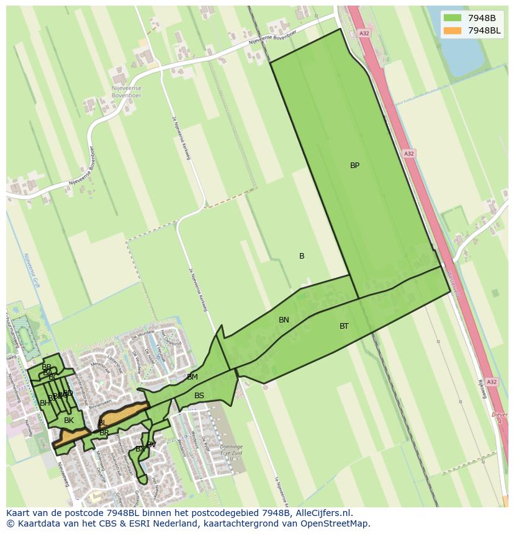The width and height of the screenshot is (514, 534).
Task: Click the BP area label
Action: tap(354, 166)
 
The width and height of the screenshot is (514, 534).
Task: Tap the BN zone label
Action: tap(284, 320)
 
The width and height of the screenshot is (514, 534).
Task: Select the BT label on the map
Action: tap(344, 326)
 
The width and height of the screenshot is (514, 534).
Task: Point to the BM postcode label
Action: tap(192, 377)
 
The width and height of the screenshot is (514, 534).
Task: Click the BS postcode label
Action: tap(199, 396)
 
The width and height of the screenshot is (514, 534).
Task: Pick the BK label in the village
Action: tap(69, 421)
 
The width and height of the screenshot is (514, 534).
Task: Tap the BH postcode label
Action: tap(45, 403)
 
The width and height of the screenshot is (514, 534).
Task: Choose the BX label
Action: tap(140, 449)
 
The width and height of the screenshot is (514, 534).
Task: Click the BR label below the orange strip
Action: tap(104, 433)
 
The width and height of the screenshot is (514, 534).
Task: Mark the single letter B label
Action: tap(302, 256)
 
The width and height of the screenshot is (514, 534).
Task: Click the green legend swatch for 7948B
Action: tap(453, 18)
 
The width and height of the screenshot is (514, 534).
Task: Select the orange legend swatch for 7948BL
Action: tap(453, 31)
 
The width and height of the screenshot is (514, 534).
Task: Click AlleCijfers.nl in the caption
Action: tap(322, 513)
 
